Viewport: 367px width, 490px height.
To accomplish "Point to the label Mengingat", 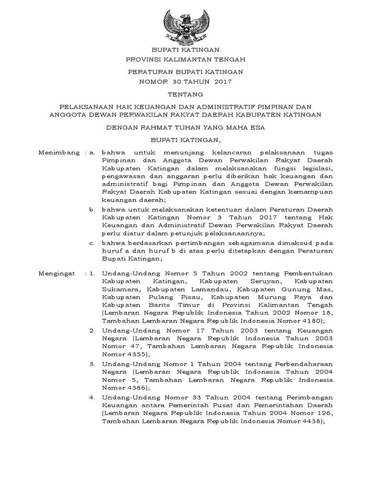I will click(57, 273).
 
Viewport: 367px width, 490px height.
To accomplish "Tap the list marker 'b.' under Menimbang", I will click(92, 210).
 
